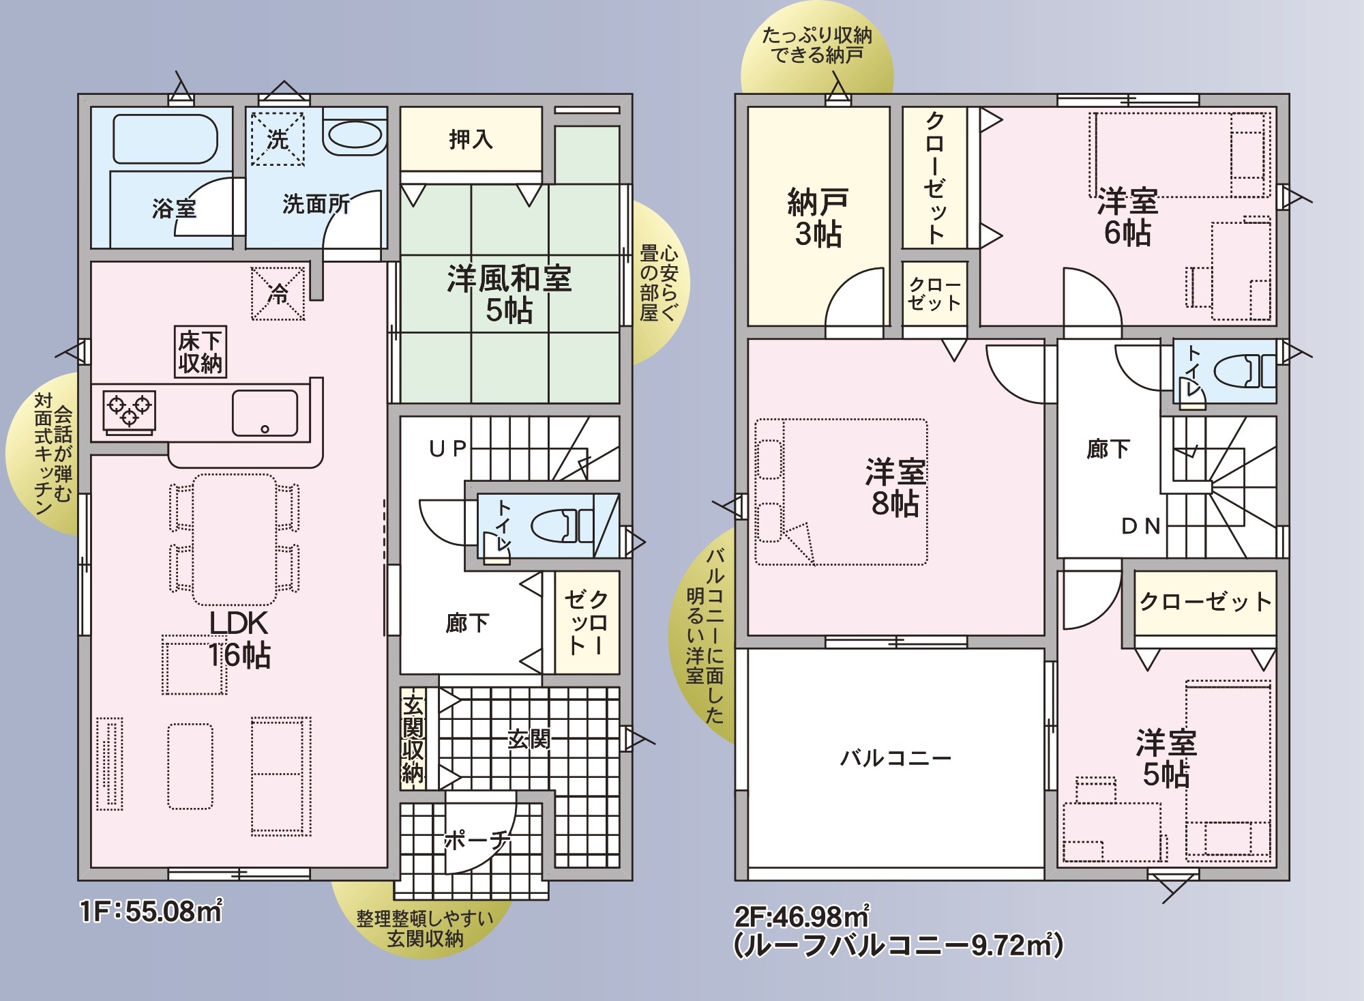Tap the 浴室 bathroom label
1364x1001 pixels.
[x=174, y=207]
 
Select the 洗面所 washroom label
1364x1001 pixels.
[x=316, y=203]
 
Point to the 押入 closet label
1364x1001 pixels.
[x=471, y=139]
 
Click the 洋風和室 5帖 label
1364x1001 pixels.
[x=509, y=294]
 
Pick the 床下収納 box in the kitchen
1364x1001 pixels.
[x=201, y=351]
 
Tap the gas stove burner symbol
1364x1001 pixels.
[x=130, y=411]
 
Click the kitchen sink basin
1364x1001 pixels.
[x=265, y=413]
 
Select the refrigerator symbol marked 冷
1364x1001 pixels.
[x=278, y=293]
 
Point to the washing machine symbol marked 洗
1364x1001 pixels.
[x=277, y=139]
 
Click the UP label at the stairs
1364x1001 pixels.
[x=447, y=448]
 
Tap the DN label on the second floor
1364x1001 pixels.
[x=1141, y=526]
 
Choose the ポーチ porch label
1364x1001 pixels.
[x=477, y=840]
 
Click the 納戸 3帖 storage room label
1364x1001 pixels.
[x=818, y=218]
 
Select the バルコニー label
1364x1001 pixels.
[x=895, y=758]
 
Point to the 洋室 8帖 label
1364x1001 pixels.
[x=895, y=487]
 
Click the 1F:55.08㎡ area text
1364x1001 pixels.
[x=151, y=912]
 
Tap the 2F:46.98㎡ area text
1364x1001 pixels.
[x=801, y=916]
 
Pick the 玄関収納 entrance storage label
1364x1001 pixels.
[x=413, y=739]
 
